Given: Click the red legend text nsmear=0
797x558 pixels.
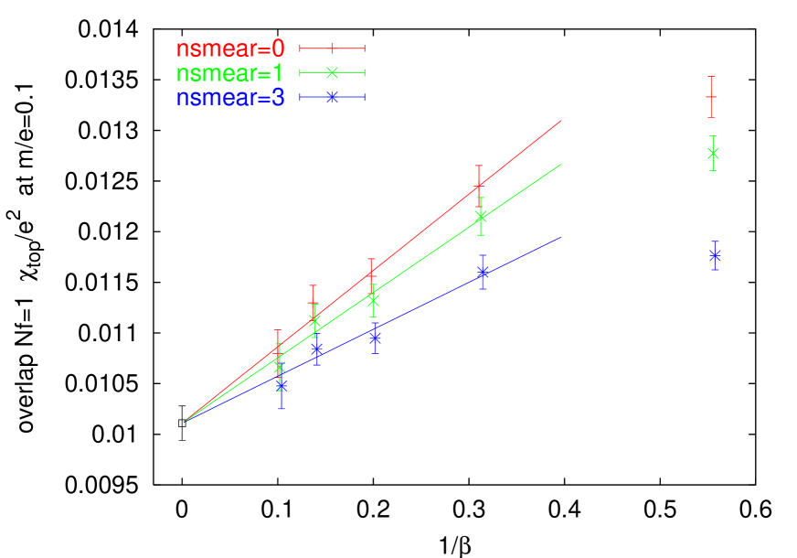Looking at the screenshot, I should [230, 48].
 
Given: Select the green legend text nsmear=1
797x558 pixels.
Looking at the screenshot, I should [230, 73].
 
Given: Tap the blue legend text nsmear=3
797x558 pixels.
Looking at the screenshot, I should [230, 97].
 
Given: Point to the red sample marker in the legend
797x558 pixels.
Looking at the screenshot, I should [333, 48].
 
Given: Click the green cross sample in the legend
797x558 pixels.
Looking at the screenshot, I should [333, 72].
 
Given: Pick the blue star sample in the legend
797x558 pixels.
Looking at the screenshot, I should [333, 96].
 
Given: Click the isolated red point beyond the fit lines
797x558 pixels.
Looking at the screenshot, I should [711, 96].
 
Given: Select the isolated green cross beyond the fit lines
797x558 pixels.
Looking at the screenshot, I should [713, 153].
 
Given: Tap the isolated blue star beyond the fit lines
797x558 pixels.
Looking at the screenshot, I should [715, 255].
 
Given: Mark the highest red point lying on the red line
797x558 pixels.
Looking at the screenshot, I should [478, 186].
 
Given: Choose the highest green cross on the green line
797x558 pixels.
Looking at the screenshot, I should [481, 217].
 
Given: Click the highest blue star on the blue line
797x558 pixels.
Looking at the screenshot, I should [483, 272].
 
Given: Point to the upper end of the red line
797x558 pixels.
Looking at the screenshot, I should [560, 121].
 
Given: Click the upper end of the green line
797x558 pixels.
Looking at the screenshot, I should [560, 165].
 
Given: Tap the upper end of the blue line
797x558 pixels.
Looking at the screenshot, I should [560, 238].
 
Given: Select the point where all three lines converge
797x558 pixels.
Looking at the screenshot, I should [184, 422].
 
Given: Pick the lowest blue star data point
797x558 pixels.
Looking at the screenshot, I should [282, 385].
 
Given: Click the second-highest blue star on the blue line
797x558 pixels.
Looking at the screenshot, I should [375, 338].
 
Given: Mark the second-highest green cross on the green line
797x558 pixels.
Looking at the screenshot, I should [373, 299].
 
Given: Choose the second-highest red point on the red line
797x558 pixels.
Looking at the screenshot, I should [372, 273].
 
